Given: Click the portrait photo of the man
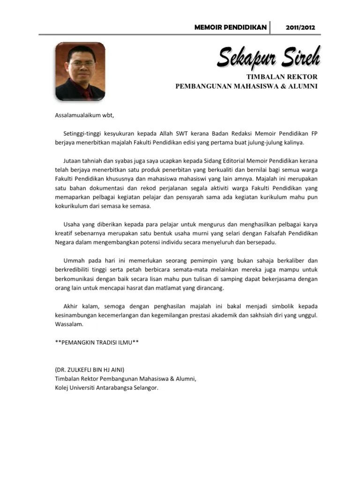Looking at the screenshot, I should (80, 71).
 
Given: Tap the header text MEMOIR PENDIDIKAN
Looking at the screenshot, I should (230, 27).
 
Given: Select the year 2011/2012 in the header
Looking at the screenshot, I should (300, 27).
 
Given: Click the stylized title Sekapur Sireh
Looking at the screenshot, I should (269, 58).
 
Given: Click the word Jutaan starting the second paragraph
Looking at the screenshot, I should (74, 161).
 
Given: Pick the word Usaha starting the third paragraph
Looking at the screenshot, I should (73, 224).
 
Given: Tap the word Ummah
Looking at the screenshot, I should (75, 260).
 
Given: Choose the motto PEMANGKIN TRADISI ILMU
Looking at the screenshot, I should (97, 342).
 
